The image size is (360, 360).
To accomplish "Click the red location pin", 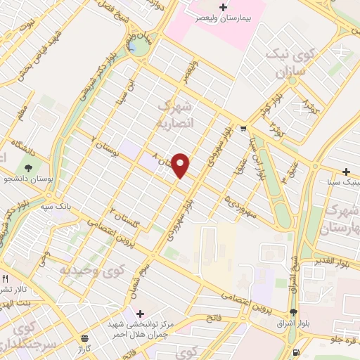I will click(x=181, y=165).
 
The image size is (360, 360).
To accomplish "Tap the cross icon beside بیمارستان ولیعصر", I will click(x=224, y=8).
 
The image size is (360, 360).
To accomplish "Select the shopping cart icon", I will click(x=243, y=129).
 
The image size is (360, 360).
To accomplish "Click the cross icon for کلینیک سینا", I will click(x=346, y=172).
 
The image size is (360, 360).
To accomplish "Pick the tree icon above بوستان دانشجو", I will click(x=28, y=168).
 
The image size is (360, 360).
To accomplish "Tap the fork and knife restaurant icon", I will click(x=6, y=278).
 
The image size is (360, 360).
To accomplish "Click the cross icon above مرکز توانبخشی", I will click(x=140, y=313).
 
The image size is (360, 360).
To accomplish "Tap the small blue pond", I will click(x=132, y=46).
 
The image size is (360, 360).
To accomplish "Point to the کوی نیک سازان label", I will click(x=290, y=63).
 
